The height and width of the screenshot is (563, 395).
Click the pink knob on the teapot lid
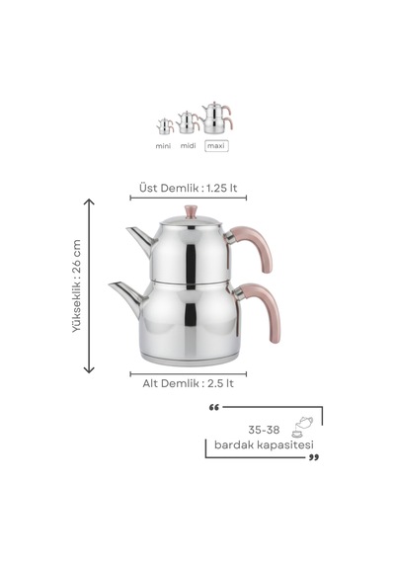tap(191, 211)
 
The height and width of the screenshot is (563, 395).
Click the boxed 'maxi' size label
tap(216, 146)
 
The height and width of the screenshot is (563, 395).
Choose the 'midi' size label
tap(189, 146)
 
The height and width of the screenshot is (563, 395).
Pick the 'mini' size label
tap(163, 146)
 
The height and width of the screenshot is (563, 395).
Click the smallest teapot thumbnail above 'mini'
tap(165, 126)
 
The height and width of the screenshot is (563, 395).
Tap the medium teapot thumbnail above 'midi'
tap(188, 122)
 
